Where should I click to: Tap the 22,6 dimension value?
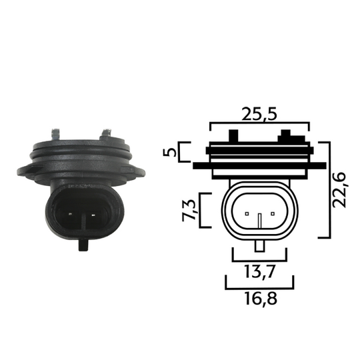pyautogui.click(x=340, y=189)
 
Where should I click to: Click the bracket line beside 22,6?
pyautogui.click(x=326, y=189)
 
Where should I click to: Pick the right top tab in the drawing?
pyautogui.click(x=285, y=136)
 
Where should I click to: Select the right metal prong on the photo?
pyautogui.click(x=107, y=135)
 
